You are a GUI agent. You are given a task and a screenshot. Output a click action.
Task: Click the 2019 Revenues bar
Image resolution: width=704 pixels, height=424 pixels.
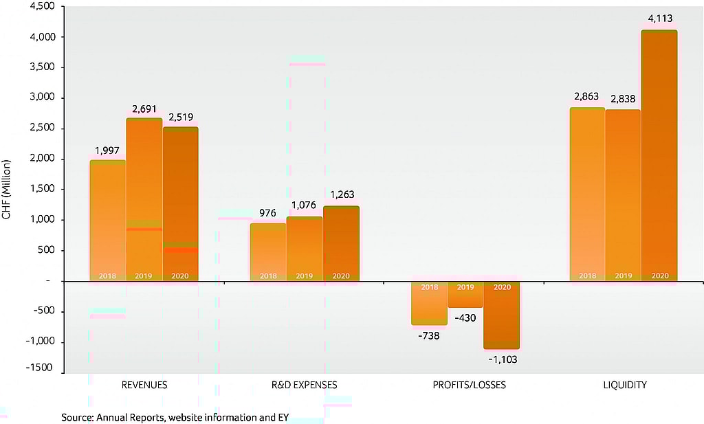pos(144,199)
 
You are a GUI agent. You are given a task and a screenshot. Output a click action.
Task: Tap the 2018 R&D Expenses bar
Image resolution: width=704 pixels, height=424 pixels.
pos(268,252)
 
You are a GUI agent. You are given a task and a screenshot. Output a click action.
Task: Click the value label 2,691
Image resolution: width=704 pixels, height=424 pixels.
pos(144,109)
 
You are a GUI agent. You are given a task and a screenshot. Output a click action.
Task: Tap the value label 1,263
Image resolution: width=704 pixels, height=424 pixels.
pos(340,194)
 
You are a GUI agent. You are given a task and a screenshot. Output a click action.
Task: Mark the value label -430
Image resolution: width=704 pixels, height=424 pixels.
pos(465,318)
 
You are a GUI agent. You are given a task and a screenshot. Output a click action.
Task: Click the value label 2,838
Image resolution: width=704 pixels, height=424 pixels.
pos(624,98)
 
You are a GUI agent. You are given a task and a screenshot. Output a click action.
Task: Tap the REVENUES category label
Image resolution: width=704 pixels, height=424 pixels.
pos(144,385)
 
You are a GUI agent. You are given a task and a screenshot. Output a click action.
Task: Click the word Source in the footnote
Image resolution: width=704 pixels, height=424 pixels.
pos(76,417)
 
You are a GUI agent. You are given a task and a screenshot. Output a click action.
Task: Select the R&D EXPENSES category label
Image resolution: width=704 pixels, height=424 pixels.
pos(305,385)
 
